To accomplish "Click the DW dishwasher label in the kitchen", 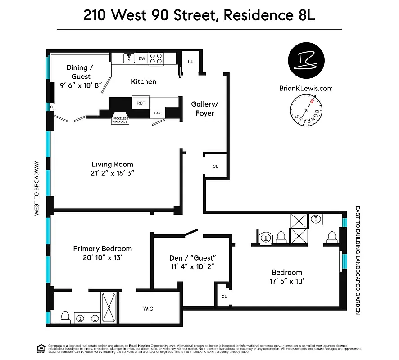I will pos(142,58).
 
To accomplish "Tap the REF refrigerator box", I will pos(141,103).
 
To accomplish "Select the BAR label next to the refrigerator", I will pos(158,113).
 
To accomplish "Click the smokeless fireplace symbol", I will pos(120,118).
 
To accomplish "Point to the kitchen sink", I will pos(129,58).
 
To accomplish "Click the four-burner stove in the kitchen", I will pos(156,58).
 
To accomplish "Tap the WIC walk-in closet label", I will pos(148,309).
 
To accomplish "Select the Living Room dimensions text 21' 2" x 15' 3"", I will pos(113,173).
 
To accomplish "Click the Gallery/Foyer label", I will pos(205,108).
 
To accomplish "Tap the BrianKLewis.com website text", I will pos(306,88).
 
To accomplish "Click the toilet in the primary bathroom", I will pos(65,317).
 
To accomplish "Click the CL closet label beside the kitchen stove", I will pos(190,62).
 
